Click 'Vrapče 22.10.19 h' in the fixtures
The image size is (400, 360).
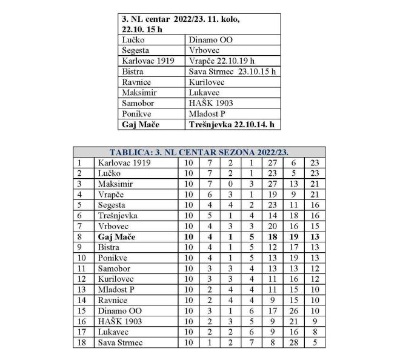click(x=221, y=61)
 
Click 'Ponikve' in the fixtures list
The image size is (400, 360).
click(x=136, y=113)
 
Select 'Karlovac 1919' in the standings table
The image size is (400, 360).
click(x=123, y=162)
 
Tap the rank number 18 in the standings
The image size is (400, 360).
click(x=79, y=342)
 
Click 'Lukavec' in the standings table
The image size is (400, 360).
click(x=113, y=332)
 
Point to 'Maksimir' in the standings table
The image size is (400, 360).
click(x=115, y=184)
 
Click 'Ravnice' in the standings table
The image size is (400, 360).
click(x=113, y=300)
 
